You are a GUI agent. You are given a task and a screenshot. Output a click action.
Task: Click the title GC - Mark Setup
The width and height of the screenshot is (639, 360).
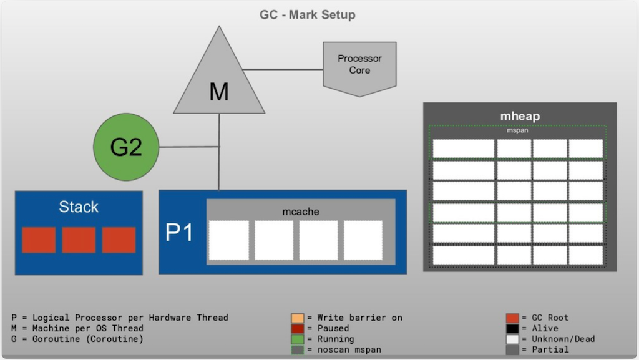[x=308, y=14]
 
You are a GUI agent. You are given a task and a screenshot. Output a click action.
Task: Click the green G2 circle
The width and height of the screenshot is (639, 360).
[x=126, y=147]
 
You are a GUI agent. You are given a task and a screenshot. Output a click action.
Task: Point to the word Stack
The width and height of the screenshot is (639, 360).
[x=79, y=207]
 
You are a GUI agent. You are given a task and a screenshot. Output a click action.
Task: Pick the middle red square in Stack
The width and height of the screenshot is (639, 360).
[x=79, y=240]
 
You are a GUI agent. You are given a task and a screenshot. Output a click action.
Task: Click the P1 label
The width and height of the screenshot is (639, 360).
[x=179, y=233]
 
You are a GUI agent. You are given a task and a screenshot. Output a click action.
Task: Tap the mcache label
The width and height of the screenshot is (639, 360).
[x=300, y=212]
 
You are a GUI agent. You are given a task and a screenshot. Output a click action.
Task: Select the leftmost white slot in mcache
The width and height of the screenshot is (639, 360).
[x=229, y=240]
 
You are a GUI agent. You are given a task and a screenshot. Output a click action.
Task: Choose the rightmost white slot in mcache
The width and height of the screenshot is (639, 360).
[x=363, y=240]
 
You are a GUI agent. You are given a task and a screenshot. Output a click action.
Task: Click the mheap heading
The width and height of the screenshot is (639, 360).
[x=519, y=116]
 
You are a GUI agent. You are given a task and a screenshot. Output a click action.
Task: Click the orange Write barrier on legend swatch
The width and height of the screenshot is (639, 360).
[x=297, y=318]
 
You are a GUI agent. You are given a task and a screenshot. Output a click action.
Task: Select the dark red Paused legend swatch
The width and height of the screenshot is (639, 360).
[x=297, y=329]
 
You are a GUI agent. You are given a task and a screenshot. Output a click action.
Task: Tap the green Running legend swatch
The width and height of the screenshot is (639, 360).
[x=297, y=339]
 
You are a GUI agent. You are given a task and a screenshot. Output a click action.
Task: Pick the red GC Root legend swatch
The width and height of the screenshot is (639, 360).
[x=512, y=318]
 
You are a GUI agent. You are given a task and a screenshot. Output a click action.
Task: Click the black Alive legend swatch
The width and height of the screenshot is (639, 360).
[x=512, y=329]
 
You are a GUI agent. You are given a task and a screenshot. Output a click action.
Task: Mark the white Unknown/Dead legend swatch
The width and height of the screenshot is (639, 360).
[x=512, y=339]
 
